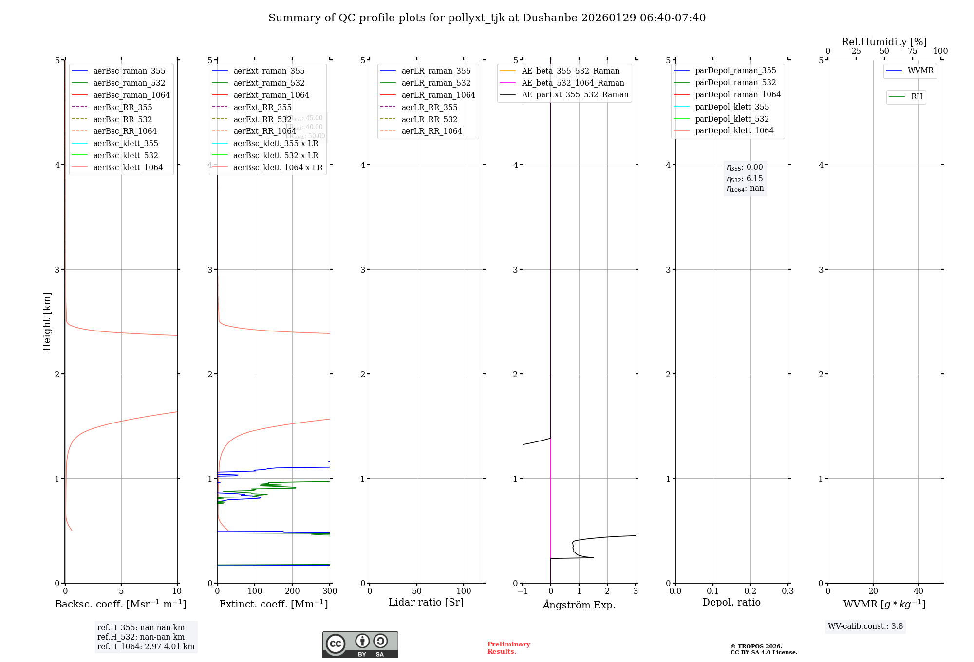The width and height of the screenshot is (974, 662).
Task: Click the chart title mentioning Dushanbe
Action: [x=487, y=18]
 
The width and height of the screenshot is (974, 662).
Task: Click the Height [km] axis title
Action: [x=47, y=321]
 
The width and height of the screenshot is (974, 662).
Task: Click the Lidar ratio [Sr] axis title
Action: [x=426, y=602]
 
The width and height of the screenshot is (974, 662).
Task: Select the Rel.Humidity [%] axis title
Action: [x=884, y=42]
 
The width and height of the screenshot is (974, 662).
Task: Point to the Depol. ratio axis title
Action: [x=731, y=602]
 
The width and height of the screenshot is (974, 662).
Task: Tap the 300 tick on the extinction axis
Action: [x=330, y=591]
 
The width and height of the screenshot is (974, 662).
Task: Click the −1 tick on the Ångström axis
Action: [x=523, y=591]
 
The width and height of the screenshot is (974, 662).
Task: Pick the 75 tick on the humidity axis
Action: [x=912, y=51]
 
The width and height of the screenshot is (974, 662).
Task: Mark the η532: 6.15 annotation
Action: [x=745, y=179]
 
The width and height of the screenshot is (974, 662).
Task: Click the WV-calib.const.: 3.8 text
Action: [x=865, y=626]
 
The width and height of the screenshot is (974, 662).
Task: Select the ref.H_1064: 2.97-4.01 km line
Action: [x=146, y=647]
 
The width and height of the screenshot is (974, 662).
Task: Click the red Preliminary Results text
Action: [x=508, y=648]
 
